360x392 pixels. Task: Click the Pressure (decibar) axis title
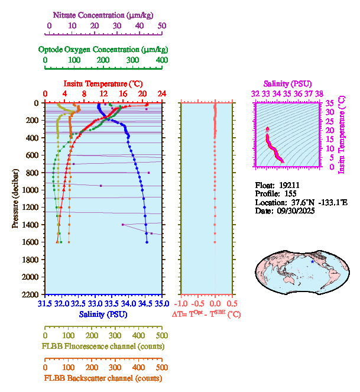pyautogui.click(x=15, y=199)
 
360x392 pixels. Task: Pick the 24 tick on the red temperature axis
pyautogui.click(x=161, y=94)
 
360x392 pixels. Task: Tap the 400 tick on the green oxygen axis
pyautogui.click(x=161, y=60)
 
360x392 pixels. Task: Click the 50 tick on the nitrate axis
pyautogui.click(x=162, y=25)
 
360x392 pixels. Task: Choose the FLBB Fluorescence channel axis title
pyautogui.click(x=102, y=346)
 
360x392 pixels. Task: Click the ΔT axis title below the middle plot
pyautogui.click(x=206, y=315)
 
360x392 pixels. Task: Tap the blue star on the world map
pyautogui.click(x=313, y=261)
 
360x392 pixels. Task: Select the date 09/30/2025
pyautogui.click(x=293, y=210)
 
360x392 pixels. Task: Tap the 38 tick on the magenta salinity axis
pyautogui.click(x=319, y=93)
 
